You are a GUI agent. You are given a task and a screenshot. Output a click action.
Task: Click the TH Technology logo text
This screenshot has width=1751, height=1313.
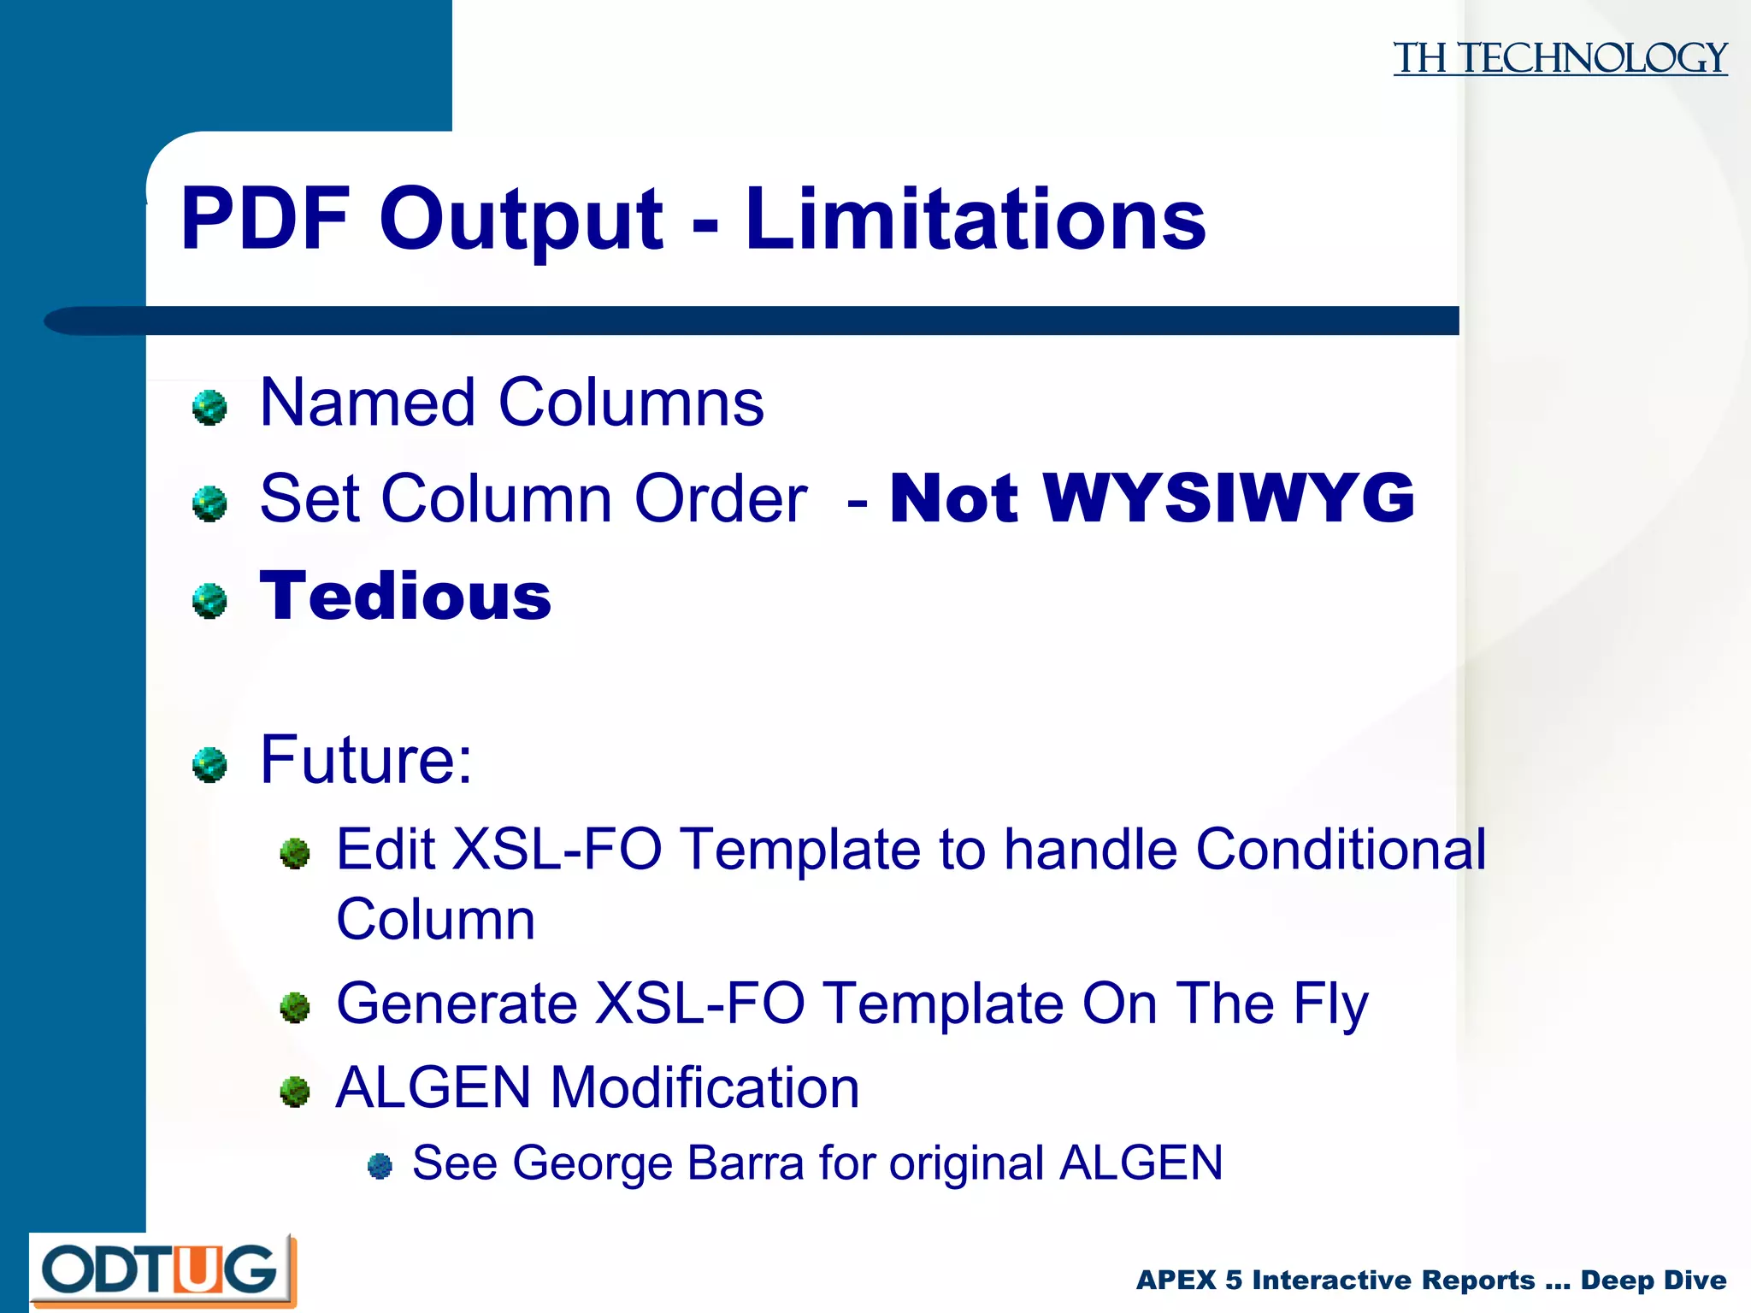pyautogui.click(x=1559, y=58)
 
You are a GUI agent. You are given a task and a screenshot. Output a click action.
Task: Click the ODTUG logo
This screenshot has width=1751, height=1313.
pyautogui.click(x=162, y=1270)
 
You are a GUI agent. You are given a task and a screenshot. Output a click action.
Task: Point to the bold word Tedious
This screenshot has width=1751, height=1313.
pyautogui.click(x=405, y=596)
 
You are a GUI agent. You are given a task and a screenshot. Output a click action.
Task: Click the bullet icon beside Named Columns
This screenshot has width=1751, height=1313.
pyautogui.click(x=209, y=407)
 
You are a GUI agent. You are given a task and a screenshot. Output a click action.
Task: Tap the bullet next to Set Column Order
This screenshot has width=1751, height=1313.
pyautogui.click(x=209, y=503)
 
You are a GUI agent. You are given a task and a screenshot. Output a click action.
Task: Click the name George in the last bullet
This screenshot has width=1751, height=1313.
pyautogui.click(x=593, y=1163)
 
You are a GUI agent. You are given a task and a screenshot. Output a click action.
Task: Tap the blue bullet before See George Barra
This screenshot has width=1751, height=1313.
pyautogui.click(x=380, y=1165)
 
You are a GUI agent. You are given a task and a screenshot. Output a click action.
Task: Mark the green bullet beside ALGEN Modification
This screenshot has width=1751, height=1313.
pyautogui.click(x=295, y=1091)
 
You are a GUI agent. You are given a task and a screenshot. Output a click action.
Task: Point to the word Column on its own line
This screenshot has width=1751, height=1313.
pyautogui.click(x=435, y=920)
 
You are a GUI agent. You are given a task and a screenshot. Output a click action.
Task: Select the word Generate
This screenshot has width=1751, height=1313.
pyautogui.click(x=457, y=1004)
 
